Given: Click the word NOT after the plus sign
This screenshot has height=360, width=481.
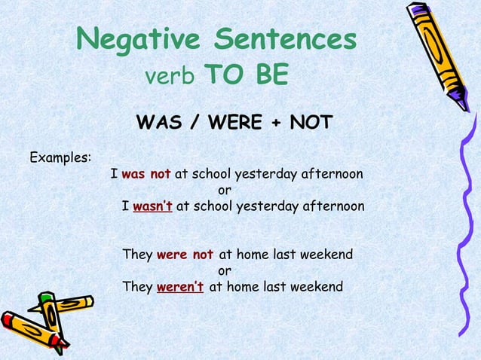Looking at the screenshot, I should (310, 122).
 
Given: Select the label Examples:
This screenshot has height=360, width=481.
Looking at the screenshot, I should (60, 158).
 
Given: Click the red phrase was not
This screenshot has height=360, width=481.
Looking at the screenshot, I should (146, 175).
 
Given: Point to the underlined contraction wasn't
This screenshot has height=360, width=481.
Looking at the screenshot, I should (153, 206).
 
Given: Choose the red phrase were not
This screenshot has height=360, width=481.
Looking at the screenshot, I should (185, 255).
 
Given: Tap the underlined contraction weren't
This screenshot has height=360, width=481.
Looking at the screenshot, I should (180, 286).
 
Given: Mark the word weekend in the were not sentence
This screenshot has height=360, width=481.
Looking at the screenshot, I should (326, 255).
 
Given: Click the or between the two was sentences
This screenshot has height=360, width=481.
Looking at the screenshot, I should (225, 191).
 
